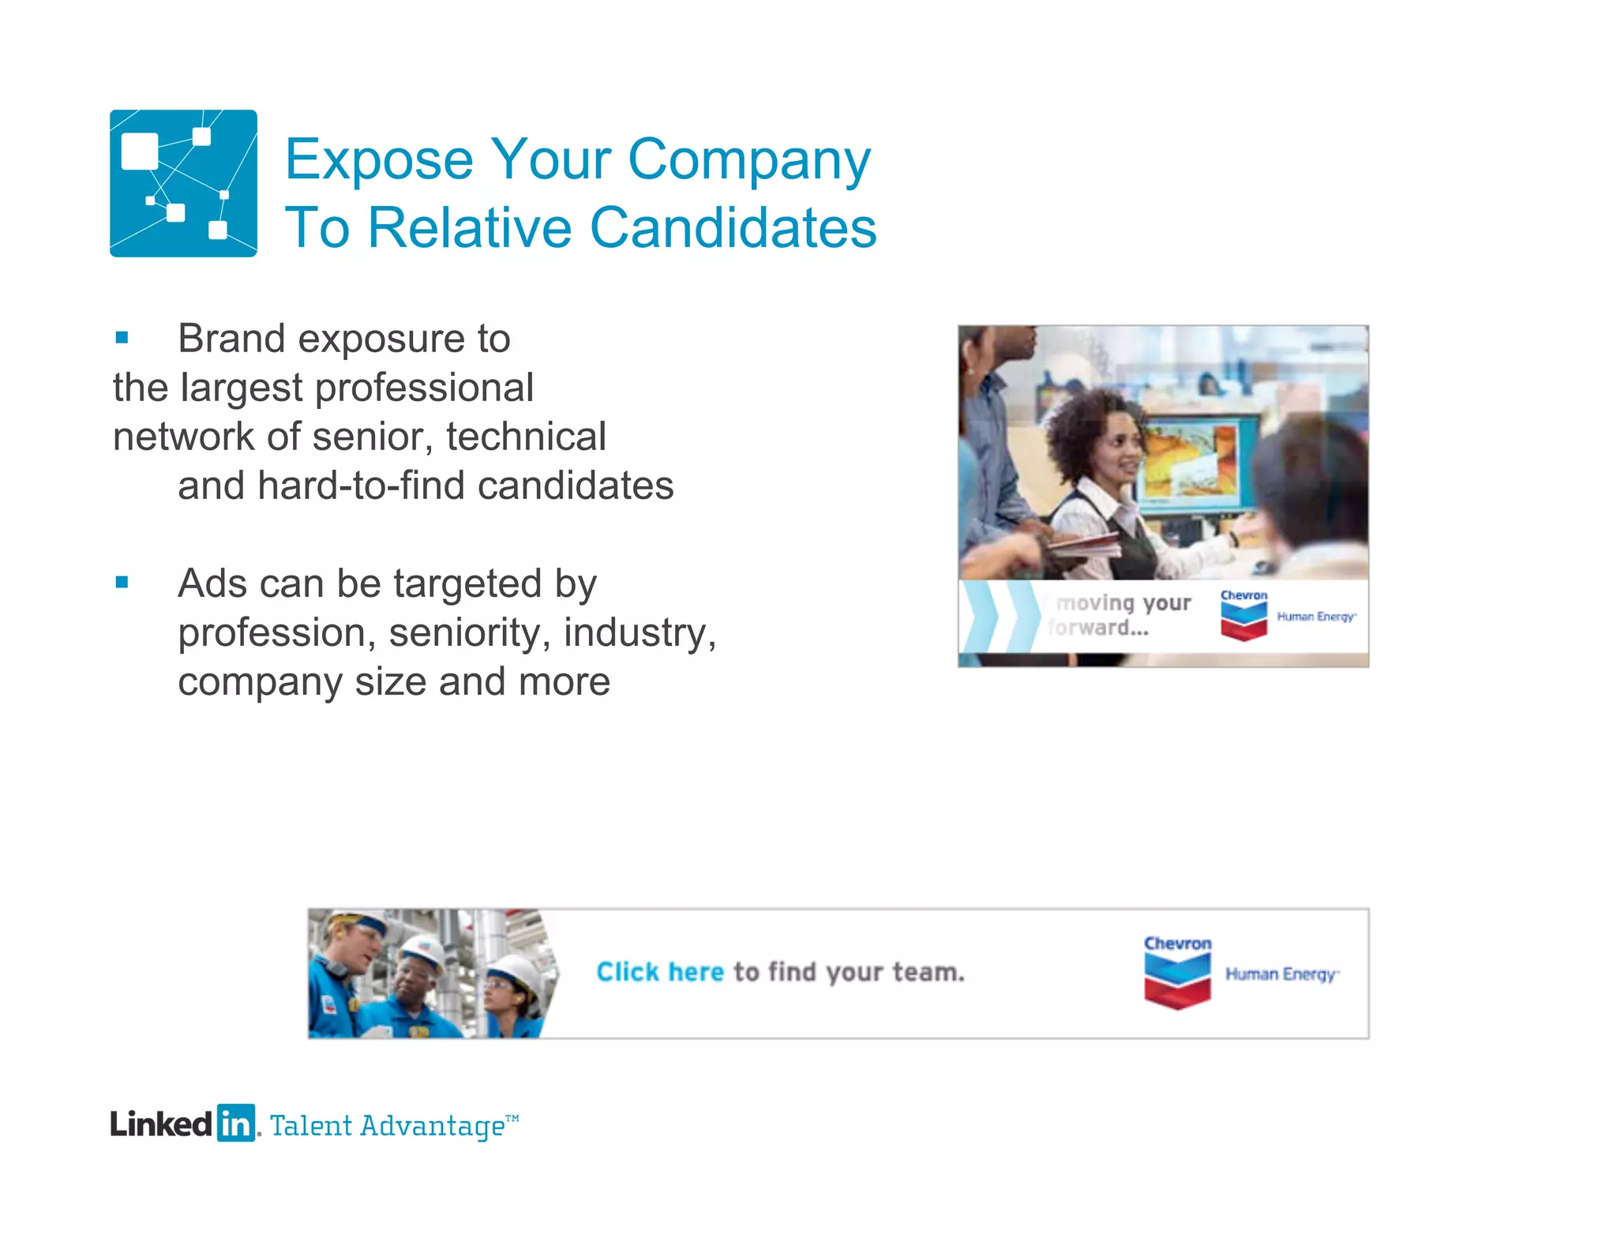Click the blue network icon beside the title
point(183,183)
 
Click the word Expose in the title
point(378,160)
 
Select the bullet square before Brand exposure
point(122,338)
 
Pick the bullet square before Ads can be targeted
point(122,583)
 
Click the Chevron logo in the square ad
point(1244,615)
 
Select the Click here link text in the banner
point(659,972)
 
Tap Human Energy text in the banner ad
point(1281,974)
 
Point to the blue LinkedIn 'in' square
point(236,1123)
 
